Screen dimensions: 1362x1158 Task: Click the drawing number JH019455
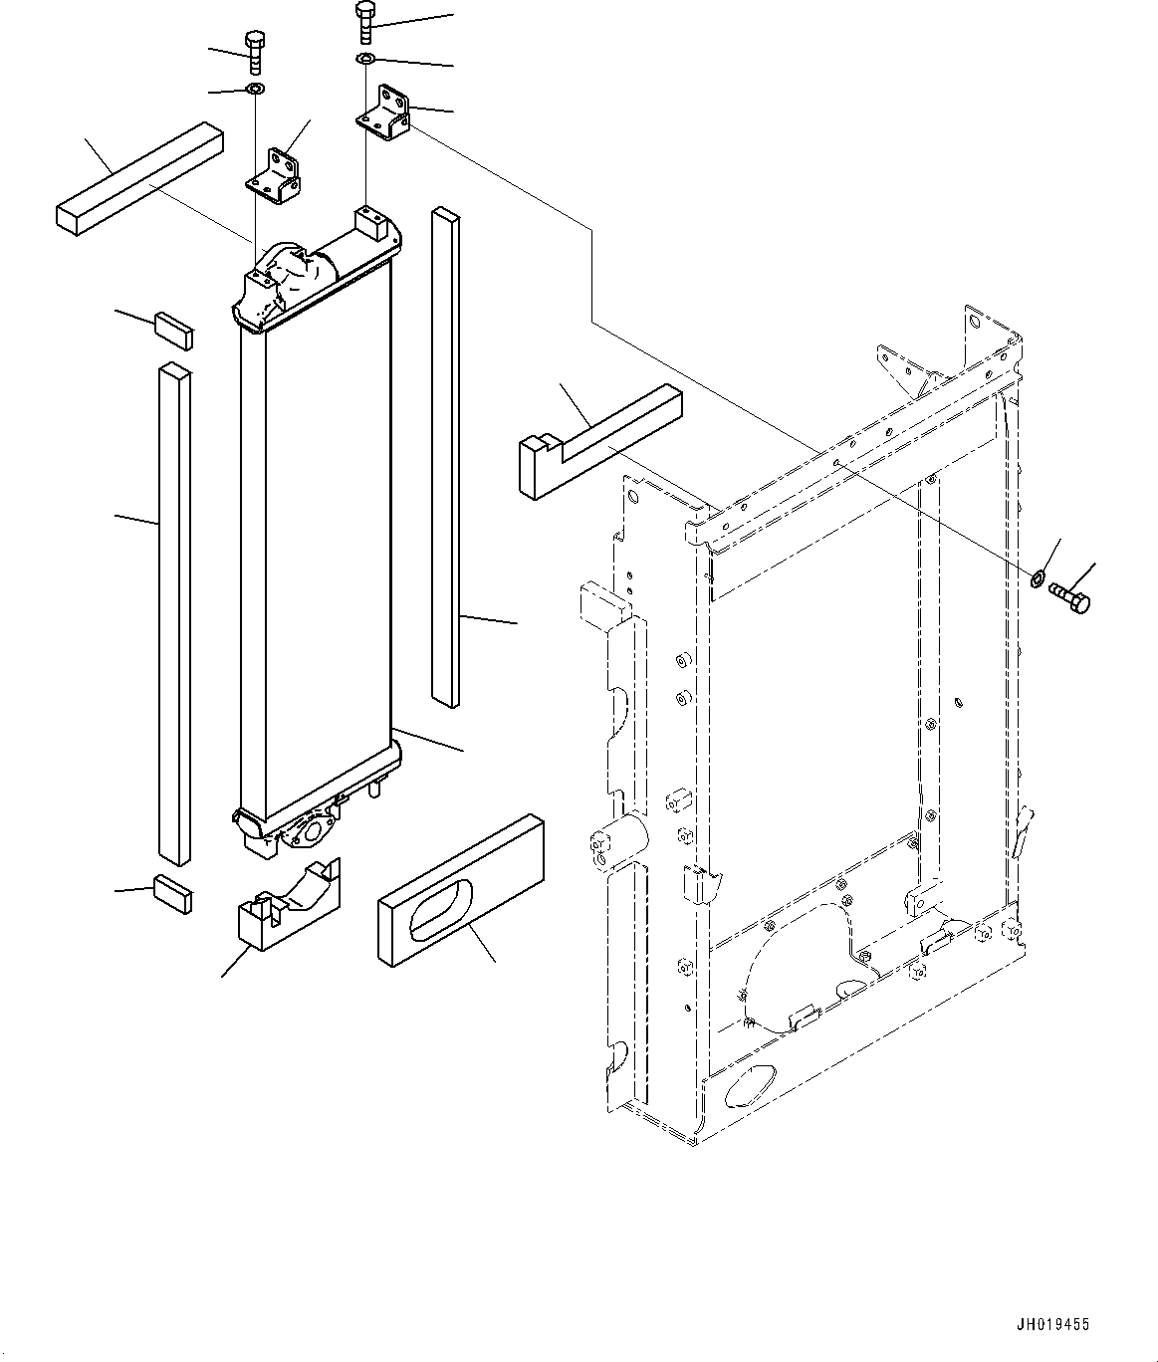click(1051, 1325)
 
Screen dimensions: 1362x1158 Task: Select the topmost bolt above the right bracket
click(365, 21)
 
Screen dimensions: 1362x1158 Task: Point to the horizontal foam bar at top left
click(136, 176)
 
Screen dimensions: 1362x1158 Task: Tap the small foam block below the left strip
click(173, 893)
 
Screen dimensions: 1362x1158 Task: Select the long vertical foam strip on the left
click(174, 612)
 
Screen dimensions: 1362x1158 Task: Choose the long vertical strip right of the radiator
click(446, 458)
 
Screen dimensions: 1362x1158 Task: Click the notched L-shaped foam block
click(597, 441)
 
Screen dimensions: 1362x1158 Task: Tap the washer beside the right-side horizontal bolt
click(1038, 576)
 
